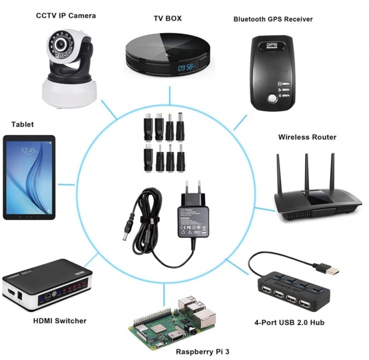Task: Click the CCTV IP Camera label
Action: (65, 15)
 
